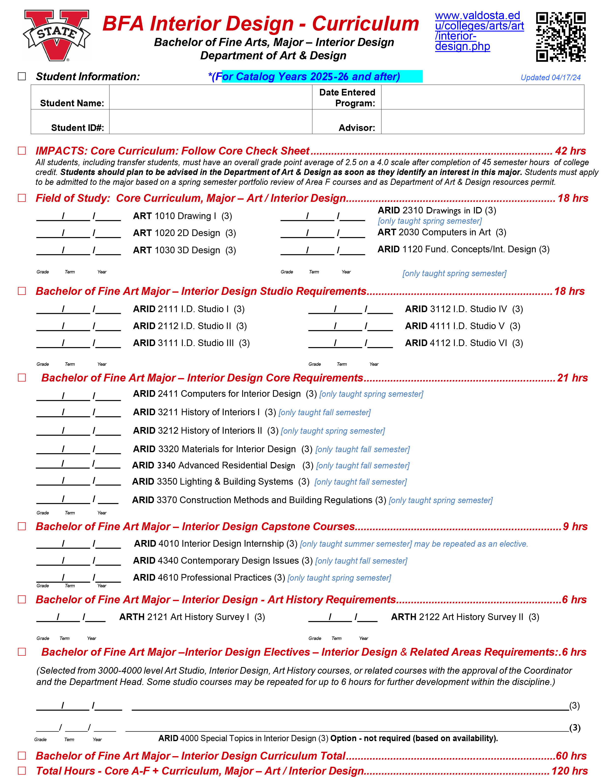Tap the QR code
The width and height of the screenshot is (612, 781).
561,37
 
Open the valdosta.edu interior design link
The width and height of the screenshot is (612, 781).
479,31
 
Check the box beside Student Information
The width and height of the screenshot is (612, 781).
22,76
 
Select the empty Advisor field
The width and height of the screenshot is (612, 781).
482,122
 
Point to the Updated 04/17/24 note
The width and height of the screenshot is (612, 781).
550,78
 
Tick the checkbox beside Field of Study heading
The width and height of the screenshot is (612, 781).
22,198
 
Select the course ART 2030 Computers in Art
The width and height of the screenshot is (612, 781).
442,232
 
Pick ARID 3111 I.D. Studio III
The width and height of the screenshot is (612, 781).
191,343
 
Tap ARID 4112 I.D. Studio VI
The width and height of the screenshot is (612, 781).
464,343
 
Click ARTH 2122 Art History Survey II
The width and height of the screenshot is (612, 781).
465,617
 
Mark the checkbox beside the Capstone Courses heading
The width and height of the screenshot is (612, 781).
22,526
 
